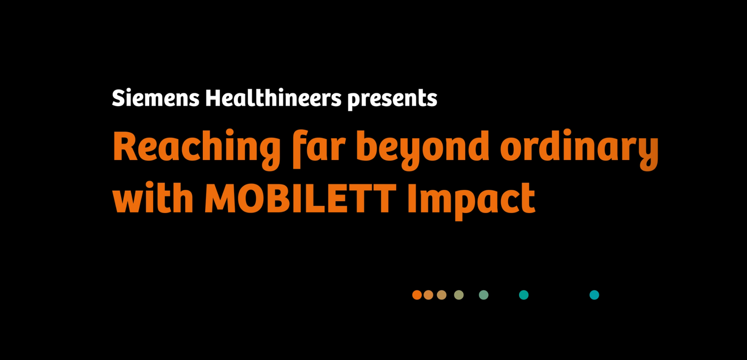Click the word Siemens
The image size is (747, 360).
(156, 98)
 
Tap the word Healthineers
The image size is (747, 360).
(273, 98)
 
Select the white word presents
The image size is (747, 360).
(392, 100)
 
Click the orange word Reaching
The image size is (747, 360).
(197, 150)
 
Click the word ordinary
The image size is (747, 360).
(579, 150)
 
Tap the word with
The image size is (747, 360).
(153, 198)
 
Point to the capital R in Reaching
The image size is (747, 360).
(126, 146)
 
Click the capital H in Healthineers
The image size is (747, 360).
(215, 98)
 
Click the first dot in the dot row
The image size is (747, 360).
(417, 295)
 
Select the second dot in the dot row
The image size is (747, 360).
(428, 295)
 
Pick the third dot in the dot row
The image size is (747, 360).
(442, 295)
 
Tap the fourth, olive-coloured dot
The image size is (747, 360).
(459, 295)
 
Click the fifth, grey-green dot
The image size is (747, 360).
(483, 295)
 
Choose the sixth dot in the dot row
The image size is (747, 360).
(524, 295)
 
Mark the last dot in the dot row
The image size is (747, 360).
(594, 295)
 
